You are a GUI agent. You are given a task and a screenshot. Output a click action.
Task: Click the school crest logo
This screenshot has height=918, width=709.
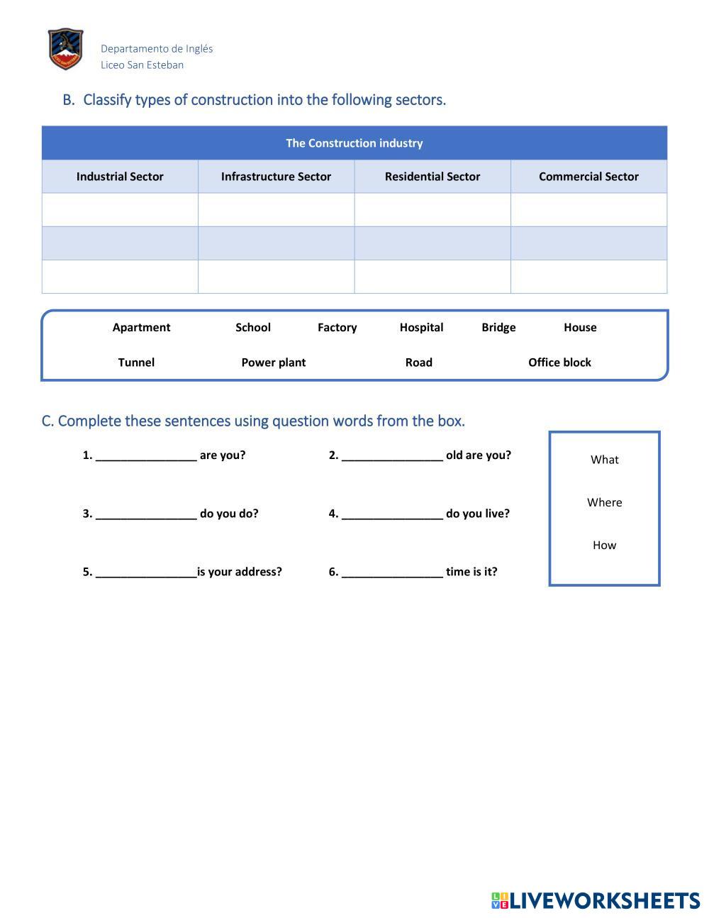click(66, 49)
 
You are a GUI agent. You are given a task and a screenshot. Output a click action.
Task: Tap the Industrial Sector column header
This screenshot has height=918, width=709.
click(120, 177)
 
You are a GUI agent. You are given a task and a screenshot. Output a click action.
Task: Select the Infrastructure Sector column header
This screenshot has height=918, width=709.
click(276, 177)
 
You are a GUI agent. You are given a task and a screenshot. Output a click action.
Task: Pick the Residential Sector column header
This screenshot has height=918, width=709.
click(432, 177)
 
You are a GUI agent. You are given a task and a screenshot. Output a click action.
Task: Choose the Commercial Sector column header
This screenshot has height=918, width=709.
click(588, 177)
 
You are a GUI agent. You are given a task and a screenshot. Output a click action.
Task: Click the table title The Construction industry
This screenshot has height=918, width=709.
click(354, 143)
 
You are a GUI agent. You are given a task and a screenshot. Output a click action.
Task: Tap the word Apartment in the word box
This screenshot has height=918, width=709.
click(141, 327)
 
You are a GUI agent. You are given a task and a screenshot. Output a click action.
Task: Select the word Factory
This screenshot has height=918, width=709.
click(337, 327)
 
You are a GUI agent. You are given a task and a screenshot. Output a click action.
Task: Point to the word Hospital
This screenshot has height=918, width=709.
click(421, 327)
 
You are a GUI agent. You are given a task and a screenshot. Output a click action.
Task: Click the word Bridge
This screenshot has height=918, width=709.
click(498, 327)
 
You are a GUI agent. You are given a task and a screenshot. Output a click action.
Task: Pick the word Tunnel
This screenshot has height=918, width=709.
click(136, 363)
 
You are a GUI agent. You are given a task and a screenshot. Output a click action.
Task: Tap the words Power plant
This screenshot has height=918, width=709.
click(273, 363)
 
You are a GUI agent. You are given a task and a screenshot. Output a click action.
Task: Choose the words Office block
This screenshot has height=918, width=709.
click(559, 363)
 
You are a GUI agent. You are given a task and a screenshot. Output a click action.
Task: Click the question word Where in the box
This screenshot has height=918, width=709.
click(604, 502)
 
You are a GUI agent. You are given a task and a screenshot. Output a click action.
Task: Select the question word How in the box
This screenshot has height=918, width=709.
click(604, 545)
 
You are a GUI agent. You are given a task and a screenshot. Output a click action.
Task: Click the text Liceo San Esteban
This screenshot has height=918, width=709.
click(142, 65)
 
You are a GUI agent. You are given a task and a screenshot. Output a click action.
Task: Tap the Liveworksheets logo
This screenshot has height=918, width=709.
click(596, 900)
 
